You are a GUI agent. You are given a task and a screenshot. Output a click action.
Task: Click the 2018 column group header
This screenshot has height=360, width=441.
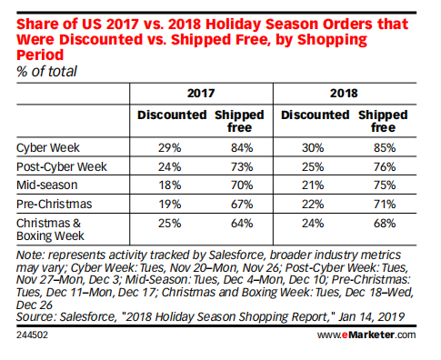click(343, 93)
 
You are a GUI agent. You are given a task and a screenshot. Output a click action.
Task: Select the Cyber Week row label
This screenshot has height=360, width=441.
click(45, 145)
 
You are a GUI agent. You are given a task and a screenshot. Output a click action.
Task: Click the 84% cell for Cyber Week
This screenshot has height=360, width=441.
click(239, 145)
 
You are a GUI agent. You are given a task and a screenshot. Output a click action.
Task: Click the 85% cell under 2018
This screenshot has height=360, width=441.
click(382, 145)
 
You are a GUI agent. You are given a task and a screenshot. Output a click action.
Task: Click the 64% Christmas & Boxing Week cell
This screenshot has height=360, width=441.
click(239, 224)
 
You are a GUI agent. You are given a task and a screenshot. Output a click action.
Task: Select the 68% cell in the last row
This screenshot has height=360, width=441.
click(382, 224)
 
